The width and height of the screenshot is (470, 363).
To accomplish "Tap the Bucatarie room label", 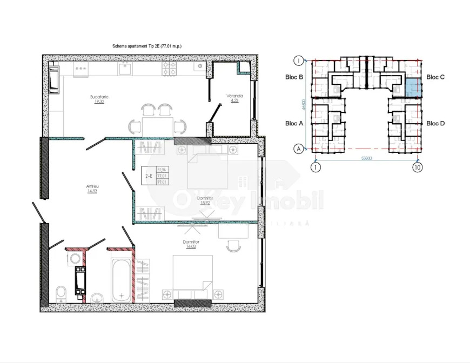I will (x=99, y=97).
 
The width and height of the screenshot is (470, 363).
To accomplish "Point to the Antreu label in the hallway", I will (x=92, y=186).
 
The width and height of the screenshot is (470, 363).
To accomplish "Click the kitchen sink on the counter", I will (x=125, y=68).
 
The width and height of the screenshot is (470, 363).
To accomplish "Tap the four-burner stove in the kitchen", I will (x=169, y=68).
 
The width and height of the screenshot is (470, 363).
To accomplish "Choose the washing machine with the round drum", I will (x=75, y=259).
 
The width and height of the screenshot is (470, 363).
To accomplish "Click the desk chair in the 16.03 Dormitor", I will (x=232, y=245).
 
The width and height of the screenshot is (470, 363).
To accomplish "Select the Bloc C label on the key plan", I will (x=435, y=77).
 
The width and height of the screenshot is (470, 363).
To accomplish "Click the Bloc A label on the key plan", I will (x=294, y=123).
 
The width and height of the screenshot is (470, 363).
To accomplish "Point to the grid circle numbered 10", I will (x=418, y=167).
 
